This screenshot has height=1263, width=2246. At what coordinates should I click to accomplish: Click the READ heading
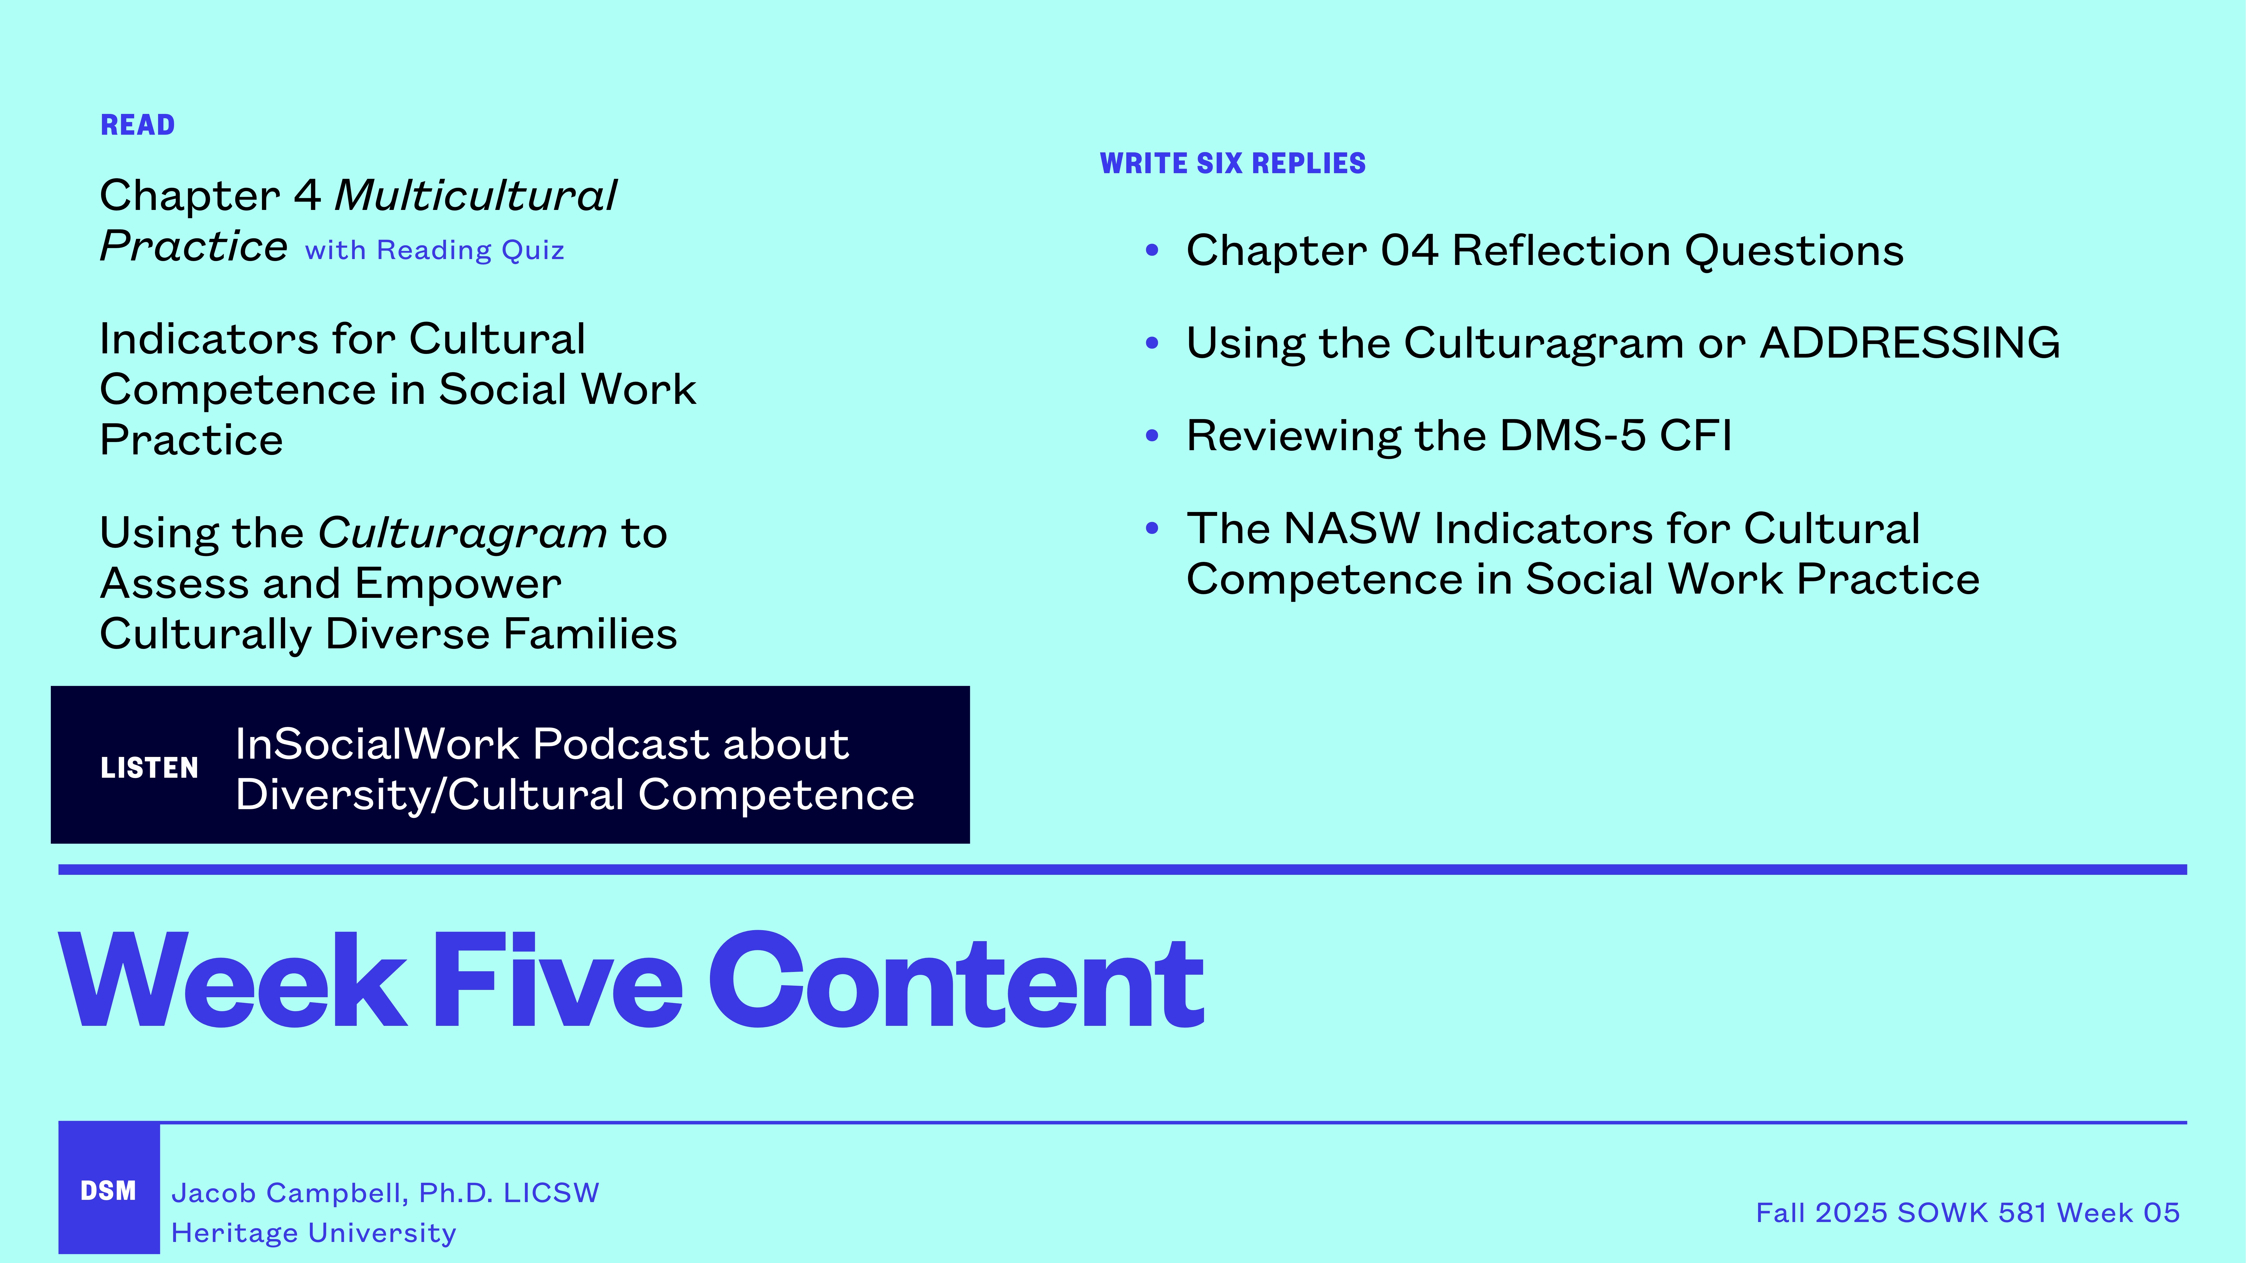(x=138, y=125)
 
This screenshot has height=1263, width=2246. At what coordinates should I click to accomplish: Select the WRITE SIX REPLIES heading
(x=1232, y=164)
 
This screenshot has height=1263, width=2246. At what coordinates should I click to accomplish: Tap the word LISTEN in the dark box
(x=149, y=768)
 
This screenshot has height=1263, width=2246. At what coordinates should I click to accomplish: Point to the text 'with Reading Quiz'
(x=434, y=251)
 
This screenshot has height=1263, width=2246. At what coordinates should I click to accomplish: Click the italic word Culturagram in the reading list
(x=462, y=534)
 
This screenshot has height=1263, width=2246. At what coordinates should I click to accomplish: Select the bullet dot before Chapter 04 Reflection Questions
(x=1152, y=251)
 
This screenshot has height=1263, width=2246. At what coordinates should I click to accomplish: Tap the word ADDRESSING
(x=1909, y=342)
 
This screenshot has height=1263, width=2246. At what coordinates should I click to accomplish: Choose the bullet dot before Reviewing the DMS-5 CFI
(x=1152, y=436)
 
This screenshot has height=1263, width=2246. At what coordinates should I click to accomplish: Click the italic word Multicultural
(x=475, y=195)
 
